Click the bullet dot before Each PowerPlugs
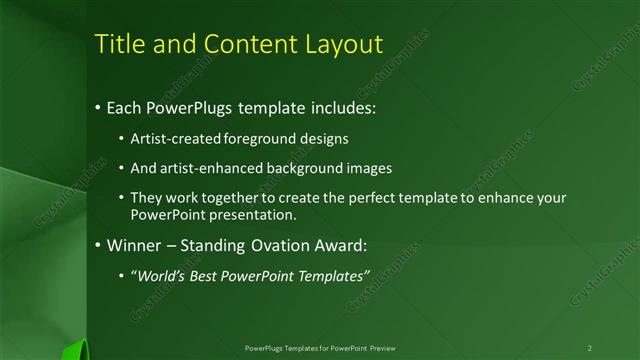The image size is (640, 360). point(97,105)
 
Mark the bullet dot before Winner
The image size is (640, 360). point(97,244)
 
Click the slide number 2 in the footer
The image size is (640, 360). point(589,347)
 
